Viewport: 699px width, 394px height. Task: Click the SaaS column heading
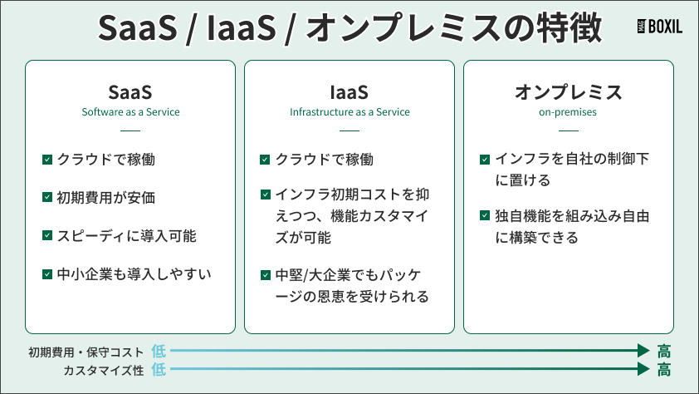[130, 91]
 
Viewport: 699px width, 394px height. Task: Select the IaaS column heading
[349, 91]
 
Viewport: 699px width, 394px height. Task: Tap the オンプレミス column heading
[568, 91]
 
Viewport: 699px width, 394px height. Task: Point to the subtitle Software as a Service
[130, 111]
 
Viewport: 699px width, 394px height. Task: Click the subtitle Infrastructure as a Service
[349, 111]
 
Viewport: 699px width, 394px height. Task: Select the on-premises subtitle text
[568, 111]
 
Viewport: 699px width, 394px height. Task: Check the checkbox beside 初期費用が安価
[47, 197]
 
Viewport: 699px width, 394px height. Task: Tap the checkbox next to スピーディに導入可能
[47, 235]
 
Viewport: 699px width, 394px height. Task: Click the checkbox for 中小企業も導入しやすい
[47, 273]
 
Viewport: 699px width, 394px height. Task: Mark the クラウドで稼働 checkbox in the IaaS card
[265, 159]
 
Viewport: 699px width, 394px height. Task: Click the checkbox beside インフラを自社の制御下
[485, 159]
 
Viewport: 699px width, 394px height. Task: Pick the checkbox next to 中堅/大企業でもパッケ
[265, 274]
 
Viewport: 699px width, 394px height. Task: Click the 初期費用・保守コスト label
[86, 352]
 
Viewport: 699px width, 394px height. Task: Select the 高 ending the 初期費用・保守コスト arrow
[663, 352]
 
